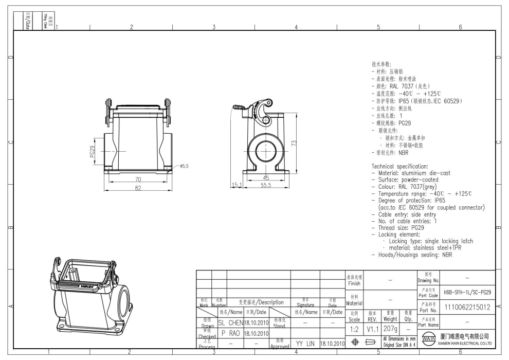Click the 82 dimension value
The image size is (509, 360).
pyautogui.click(x=138, y=188)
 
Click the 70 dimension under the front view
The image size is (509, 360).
pyautogui.click(x=138, y=179)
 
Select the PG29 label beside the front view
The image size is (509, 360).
pyautogui.click(x=93, y=153)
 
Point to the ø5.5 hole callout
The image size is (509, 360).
pyautogui.click(x=184, y=166)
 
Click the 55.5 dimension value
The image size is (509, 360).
pyautogui.click(x=265, y=185)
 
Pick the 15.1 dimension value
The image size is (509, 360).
pyautogui.click(x=237, y=185)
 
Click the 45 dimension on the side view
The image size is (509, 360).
pyautogui.click(x=266, y=178)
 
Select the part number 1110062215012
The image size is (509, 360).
pyautogui.click(x=466, y=308)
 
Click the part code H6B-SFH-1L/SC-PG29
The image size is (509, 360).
pyautogui.click(x=466, y=292)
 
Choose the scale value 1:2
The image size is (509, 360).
pyautogui.click(x=354, y=328)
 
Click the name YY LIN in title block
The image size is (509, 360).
pyautogui.click(x=305, y=343)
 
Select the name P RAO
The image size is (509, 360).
pyautogui.click(x=230, y=333)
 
